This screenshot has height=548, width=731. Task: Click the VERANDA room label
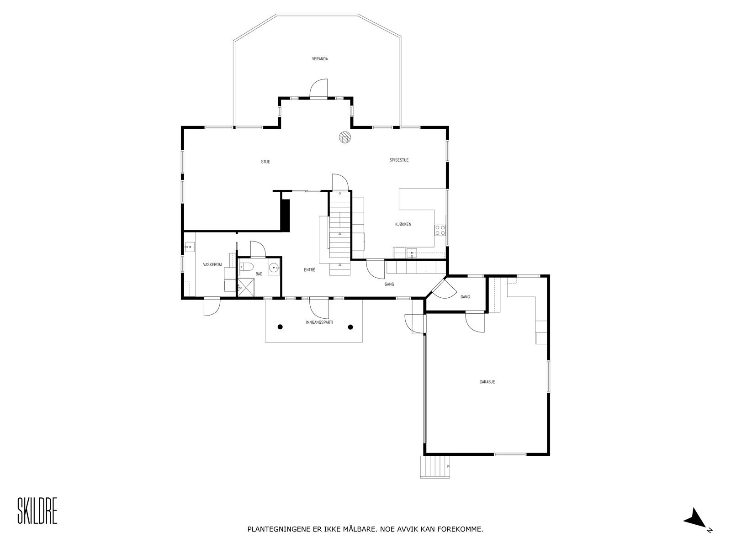(320, 59)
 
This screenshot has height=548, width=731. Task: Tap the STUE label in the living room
(265, 162)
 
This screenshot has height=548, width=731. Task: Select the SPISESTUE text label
(399, 160)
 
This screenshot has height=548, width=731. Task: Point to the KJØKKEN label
(403, 224)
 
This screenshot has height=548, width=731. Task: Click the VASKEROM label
(212, 265)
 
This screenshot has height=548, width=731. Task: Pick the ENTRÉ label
(309, 270)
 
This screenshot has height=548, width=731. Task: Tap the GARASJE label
(487, 382)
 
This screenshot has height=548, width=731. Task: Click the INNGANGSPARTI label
(319, 322)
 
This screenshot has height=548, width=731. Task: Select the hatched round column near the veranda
(344, 137)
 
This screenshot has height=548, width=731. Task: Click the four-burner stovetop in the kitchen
(440, 230)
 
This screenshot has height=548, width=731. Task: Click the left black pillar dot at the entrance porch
(280, 327)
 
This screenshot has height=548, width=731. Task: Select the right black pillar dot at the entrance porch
(350, 327)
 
